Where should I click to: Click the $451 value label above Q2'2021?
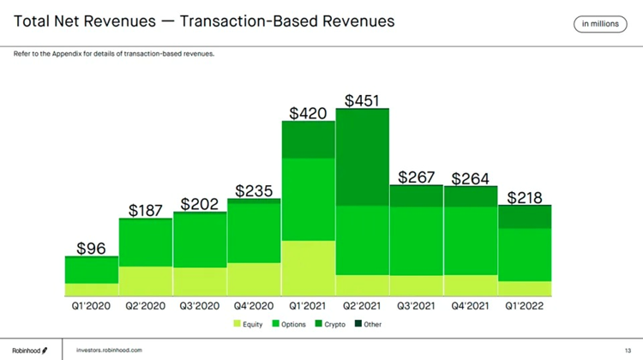(x=362, y=100)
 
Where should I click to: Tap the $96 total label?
(x=91, y=249)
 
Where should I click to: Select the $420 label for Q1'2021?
(x=308, y=113)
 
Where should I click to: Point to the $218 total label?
(x=524, y=198)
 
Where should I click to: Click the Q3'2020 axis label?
(x=200, y=304)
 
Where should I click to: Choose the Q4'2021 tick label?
(x=470, y=304)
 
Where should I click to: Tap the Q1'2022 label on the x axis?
(x=524, y=304)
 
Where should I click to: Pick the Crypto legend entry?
(x=330, y=324)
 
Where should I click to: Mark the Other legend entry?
(x=368, y=324)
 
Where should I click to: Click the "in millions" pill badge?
(x=599, y=24)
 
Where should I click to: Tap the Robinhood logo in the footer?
(x=29, y=350)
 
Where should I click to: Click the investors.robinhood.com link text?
(x=109, y=350)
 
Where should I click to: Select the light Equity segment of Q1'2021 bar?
(x=308, y=267)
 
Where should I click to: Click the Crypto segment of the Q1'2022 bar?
(x=524, y=218)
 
